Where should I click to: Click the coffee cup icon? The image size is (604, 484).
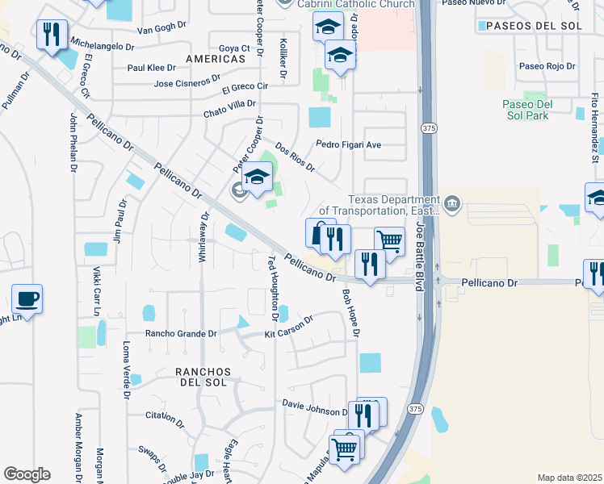(x=27, y=299)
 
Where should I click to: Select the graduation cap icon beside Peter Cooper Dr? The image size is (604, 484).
(x=257, y=177)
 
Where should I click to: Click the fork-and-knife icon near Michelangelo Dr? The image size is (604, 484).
(x=52, y=35)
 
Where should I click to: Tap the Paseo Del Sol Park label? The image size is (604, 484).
(x=526, y=110)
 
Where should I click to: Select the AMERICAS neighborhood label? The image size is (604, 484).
(x=215, y=60)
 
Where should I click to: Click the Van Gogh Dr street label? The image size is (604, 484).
(x=161, y=30)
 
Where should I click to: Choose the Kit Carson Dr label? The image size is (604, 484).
(x=288, y=328)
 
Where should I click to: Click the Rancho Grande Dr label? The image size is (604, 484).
(x=181, y=333)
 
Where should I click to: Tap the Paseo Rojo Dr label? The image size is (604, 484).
(x=547, y=66)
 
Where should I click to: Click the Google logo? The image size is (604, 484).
(x=27, y=474)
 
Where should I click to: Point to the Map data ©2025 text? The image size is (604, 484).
(x=568, y=478)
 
